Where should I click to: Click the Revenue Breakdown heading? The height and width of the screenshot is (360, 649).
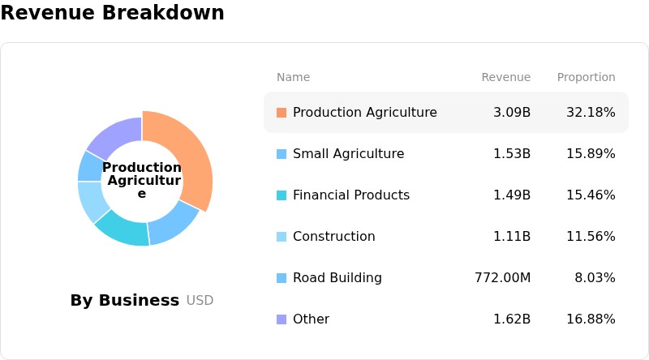[x=112, y=12]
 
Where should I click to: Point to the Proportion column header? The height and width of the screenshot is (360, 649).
[x=586, y=77]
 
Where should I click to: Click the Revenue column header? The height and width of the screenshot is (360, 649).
[x=505, y=77]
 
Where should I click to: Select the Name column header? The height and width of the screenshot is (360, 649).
[x=293, y=77]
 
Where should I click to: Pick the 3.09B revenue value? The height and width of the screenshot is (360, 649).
[x=512, y=112]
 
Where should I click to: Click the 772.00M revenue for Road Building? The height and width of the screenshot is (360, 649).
[x=502, y=277]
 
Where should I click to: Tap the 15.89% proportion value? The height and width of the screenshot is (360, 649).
[x=591, y=153]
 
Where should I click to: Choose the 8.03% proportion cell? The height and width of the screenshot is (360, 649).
[x=595, y=277]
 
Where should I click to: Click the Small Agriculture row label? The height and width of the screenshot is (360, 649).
[x=349, y=153]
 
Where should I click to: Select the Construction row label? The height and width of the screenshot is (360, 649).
[x=334, y=236]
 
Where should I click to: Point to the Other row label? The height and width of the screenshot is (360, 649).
[x=311, y=319]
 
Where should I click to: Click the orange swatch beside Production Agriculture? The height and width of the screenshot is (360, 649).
[x=282, y=113]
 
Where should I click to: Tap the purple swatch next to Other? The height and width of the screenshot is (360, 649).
[x=282, y=319]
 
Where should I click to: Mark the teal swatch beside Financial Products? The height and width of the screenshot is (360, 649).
[x=282, y=195]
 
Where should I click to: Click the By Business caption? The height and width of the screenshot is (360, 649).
[x=125, y=301]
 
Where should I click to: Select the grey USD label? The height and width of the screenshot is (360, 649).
[x=200, y=301]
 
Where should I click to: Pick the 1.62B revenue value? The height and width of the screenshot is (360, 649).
[x=512, y=319]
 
